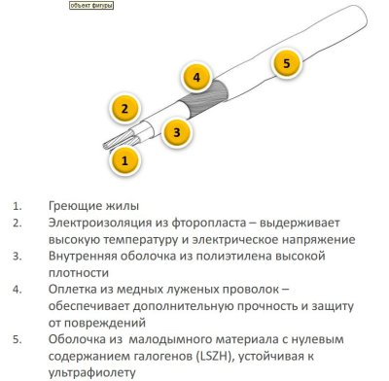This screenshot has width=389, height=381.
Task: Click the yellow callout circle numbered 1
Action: (x=124, y=160)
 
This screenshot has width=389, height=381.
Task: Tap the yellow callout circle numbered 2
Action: (x=124, y=109)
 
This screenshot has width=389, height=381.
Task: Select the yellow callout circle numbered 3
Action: (x=177, y=132)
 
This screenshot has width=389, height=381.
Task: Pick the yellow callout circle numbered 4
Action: (x=196, y=78)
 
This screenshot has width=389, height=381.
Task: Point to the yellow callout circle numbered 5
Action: (x=286, y=63)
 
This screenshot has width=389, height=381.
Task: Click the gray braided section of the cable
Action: (x=204, y=99)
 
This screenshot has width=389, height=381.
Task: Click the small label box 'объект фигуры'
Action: (x=91, y=6)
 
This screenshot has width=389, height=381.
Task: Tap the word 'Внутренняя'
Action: (x=83, y=257)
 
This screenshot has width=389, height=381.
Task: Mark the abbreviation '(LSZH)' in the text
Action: (x=215, y=357)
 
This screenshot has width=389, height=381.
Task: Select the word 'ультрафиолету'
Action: (x=92, y=373)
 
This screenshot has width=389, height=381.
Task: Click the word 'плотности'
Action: (x=79, y=273)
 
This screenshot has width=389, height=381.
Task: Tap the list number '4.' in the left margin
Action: (x=18, y=290)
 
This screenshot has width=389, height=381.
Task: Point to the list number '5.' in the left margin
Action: (x=18, y=340)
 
